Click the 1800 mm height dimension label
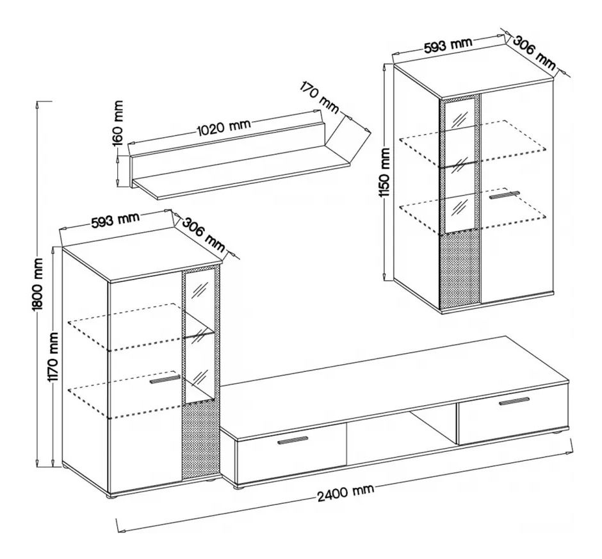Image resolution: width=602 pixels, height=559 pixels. (38, 284)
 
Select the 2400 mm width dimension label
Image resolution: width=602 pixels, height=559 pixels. (346, 492)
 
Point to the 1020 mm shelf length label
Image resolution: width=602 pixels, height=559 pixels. (224, 127)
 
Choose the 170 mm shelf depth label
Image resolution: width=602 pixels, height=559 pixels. (320, 97)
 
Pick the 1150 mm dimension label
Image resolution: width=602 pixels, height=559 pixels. (384, 172)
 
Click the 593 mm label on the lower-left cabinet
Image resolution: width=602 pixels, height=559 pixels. (115, 220)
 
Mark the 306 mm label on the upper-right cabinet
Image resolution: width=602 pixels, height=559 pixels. (534, 53)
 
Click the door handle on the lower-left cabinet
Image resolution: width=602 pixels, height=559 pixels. (165, 380)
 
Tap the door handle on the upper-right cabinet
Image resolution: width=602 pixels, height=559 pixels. (504, 194)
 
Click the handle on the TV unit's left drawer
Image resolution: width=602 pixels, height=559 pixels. (293, 440)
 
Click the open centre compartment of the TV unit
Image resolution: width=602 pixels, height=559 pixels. (401, 437)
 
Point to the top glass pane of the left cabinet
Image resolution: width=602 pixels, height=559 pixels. (199, 301)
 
